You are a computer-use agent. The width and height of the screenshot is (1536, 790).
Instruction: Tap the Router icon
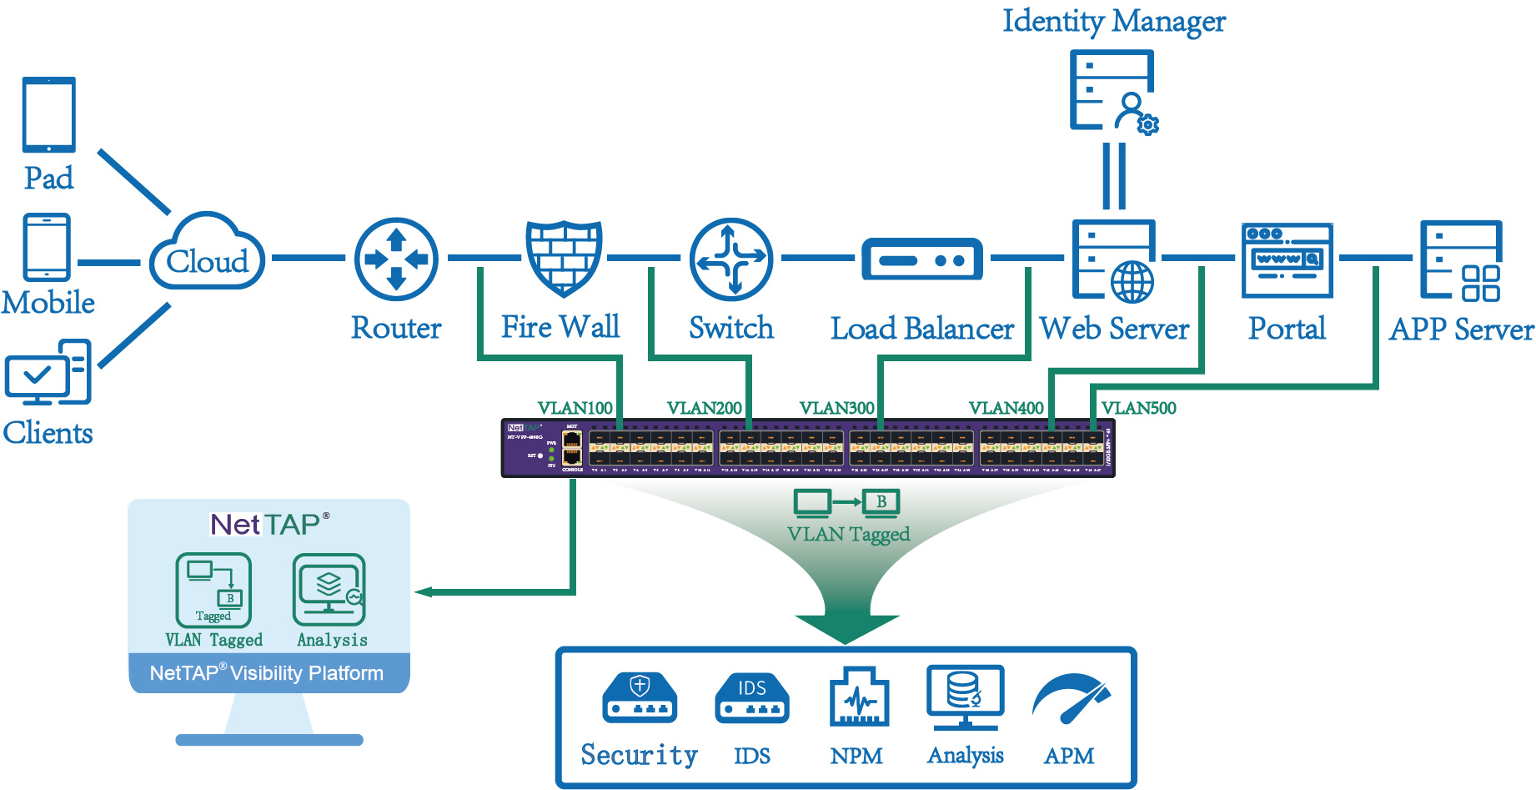(396, 259)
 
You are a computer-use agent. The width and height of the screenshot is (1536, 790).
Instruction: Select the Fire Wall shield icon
(564, 258)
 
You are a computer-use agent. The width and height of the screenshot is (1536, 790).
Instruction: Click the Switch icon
(731, 259)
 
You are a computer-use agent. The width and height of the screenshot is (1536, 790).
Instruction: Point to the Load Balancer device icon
(921, 259)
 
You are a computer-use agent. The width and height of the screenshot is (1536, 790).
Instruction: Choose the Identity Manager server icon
(1113, 91)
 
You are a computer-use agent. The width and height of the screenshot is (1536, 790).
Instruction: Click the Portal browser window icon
(1287, 260)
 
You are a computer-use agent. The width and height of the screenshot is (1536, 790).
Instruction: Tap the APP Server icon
(1461, 260)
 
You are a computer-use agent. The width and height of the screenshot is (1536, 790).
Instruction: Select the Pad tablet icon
(49, 115)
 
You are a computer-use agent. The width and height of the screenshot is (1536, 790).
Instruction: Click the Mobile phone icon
(48, 247)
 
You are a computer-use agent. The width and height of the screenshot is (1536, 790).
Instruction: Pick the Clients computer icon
(48, 372)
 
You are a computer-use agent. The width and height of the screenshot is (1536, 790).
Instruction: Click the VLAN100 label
(575, 408)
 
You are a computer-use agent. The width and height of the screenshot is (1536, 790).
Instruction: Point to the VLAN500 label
(1138, 408)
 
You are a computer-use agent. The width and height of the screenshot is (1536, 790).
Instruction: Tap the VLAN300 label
(836, 408)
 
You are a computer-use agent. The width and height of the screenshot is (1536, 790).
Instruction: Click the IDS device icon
(751, 698)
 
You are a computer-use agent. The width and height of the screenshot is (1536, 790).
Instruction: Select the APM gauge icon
(1071, 698)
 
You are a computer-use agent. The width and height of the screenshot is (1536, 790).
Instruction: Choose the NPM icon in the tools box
(858, 697)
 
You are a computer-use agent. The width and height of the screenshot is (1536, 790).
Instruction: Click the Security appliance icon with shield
(640, 697)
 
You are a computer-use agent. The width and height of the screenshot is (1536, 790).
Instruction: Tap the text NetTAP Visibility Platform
(267, 673)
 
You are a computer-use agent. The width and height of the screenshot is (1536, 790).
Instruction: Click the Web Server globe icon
(1132, 282)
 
